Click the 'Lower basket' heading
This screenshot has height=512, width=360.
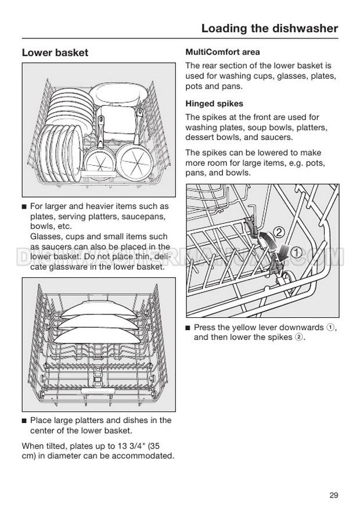click(x=55, y=53)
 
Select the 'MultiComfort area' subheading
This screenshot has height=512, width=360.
click(x=222, y=52)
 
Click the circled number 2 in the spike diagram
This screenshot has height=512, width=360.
click(x=278, y=232)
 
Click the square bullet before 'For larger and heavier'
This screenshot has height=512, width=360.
click(x=24, y=206)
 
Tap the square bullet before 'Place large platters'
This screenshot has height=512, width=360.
click(x=24, y=420)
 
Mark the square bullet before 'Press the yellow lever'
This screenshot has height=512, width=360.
click(x=188, y=328)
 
